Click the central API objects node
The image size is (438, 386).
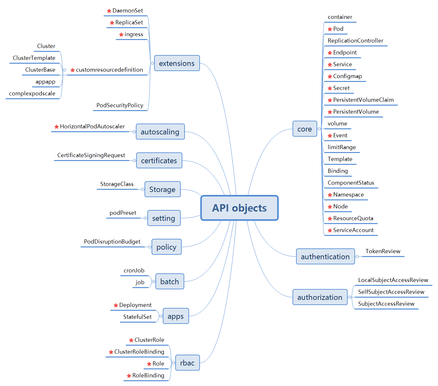(239, 208)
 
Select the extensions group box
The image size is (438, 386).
(177, 63)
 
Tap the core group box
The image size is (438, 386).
(304, 129)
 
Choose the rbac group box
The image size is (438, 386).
(187, 363)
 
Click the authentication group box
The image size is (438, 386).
(325, 257)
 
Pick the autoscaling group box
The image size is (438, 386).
(160, 132)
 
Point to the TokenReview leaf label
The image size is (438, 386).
(383, 251)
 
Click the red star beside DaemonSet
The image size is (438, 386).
(109, 11)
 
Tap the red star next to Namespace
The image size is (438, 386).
(330, 195)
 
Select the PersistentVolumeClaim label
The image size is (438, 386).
(363, 100)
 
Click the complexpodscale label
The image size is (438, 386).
(32, 93)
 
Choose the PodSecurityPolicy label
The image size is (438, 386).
(120, 105)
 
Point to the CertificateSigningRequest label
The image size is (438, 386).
(91, 155)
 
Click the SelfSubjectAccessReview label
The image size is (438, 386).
(391, 292)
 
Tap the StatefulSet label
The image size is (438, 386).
(137, 317)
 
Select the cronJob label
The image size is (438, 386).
(134, 270)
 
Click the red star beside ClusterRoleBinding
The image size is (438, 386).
(111, 352)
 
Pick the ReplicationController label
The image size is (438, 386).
(355, 41)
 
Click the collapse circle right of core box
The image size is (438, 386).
(319, 129)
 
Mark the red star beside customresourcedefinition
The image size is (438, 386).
(72, 70)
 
